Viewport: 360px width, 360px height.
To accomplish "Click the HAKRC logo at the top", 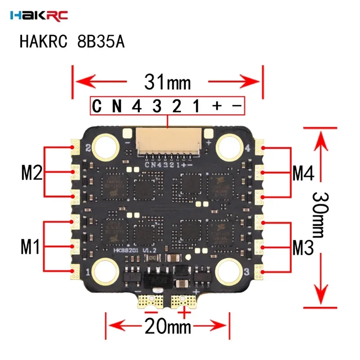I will tap(39, 16).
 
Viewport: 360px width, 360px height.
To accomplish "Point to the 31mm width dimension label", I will tap(167, 82).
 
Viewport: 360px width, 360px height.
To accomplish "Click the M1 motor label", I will tap(31, 247).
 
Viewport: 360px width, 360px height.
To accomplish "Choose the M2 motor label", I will tap(32, 172).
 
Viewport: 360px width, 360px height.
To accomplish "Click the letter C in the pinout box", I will tap(97, 107).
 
